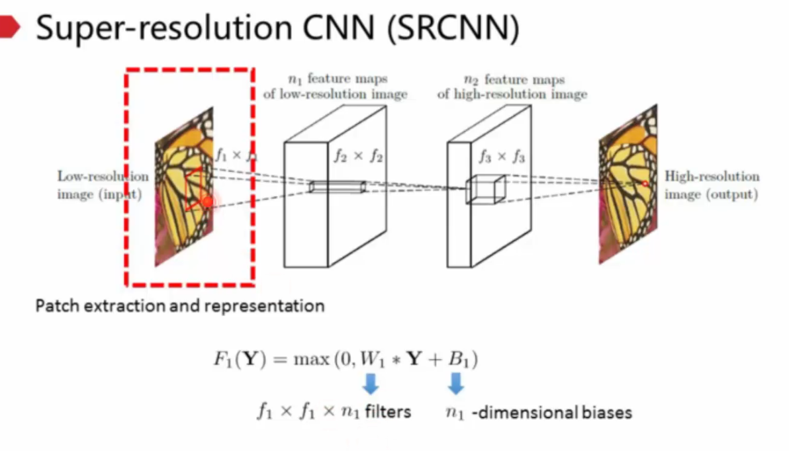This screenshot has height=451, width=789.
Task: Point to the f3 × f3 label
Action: [502, 157]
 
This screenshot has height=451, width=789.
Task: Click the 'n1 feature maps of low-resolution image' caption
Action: [336, 87]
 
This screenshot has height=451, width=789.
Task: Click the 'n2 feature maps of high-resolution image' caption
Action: [512, 87]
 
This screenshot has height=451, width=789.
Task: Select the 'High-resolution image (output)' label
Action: [712, 185]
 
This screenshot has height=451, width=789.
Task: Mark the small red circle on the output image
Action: [645, 183]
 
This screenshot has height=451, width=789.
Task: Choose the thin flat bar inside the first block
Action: [338, 187]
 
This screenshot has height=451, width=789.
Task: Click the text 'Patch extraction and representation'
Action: [179, 306]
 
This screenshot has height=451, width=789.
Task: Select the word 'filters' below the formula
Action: [387, 412]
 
